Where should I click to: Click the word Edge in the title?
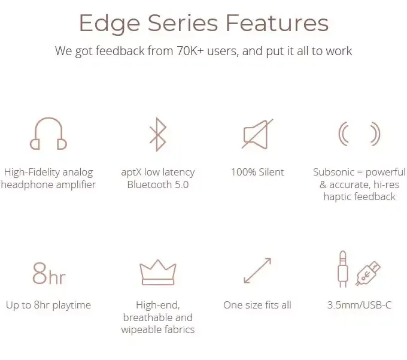[110, 24]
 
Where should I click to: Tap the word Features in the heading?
[277, 23]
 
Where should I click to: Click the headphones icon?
[48, 134]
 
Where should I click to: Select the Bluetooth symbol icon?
[158, 134]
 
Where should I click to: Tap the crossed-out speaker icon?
[257, 134]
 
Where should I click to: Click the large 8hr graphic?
[49, 274]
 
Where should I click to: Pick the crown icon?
[158, 272]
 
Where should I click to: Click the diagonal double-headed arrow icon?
[257, 271]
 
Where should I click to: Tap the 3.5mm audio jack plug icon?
[342, 269]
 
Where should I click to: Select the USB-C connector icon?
[368, 273]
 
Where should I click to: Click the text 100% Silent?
[257, 172]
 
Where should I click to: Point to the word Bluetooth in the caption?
[149, 184]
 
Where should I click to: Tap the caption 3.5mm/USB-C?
[360, 305]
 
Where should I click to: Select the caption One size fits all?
[257, 305]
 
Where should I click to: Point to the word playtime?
[72, 305]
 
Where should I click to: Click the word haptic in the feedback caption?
[337, 197]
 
